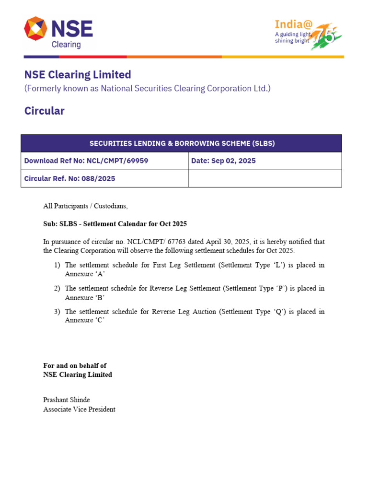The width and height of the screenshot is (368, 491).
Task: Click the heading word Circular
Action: [x=44, y=111]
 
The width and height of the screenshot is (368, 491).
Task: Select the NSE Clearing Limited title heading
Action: [x=78, y=75]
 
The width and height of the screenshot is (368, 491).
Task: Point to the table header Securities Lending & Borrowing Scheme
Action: [x=182, y=143]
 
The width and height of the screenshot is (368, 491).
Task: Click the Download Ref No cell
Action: [x=86, y=161]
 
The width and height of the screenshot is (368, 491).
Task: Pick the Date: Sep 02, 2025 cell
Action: [x=223, y=161]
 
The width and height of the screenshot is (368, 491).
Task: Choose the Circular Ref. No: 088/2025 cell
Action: [x=69, y=178]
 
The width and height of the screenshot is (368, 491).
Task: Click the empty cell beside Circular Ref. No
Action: [x=265, y=178]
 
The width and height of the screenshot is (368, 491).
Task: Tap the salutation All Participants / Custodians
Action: [x=85, y=206]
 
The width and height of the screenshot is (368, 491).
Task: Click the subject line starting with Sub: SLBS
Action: [x=115, y=224]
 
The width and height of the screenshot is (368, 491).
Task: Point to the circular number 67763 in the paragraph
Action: [x=169, y=242]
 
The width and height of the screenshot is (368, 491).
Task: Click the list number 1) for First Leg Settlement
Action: [x=57, y=265]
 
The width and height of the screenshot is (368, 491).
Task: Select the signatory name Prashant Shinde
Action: [x=67, y=400]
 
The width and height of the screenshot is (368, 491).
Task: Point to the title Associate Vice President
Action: [x=79, y=409]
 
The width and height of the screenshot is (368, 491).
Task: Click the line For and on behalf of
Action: [x=75, y=365]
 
